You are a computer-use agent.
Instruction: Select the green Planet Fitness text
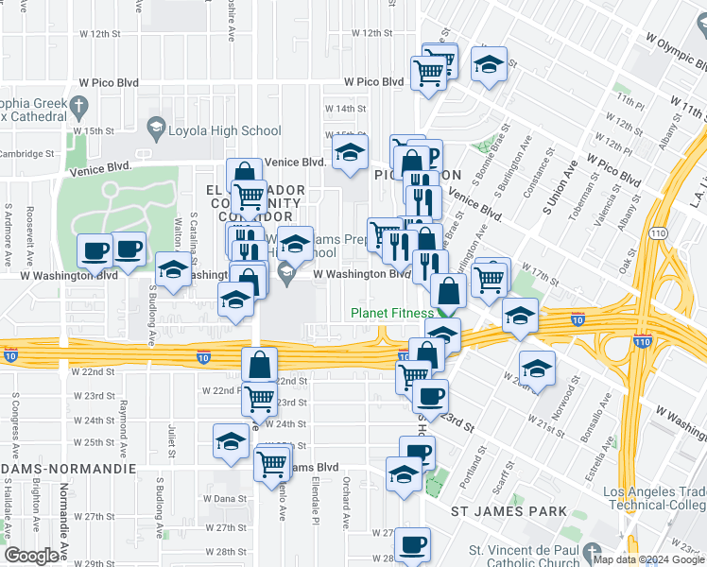(391, 313)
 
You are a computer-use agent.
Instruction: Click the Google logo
(31, 556)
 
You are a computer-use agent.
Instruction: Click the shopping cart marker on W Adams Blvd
(272, 464)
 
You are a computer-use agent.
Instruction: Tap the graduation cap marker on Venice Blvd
(350, 152)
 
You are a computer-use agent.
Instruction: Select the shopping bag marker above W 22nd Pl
(259, 365)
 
